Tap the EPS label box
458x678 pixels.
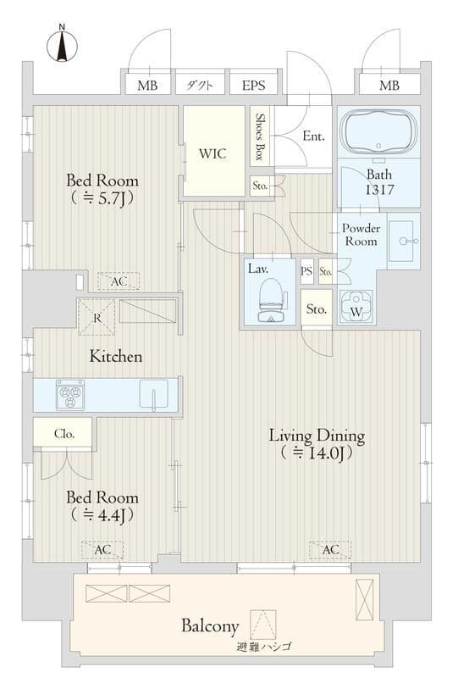point(253,86)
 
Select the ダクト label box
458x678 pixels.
point(200,86)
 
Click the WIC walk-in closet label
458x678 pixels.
point(212,154)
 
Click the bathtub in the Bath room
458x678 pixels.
point(378,133)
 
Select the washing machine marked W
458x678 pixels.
point(357,306)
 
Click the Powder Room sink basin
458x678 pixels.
point(403,240)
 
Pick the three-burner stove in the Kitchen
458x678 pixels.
point(70,394)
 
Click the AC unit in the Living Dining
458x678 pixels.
point(330,550)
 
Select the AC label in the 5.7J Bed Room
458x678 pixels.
point(119,281)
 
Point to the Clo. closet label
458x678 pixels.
point(65,433)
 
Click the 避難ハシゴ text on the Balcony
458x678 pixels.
point(264,647)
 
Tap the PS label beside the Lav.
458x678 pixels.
point(306,271)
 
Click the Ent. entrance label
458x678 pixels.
point(312,135)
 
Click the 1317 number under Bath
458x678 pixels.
point(379,190)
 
